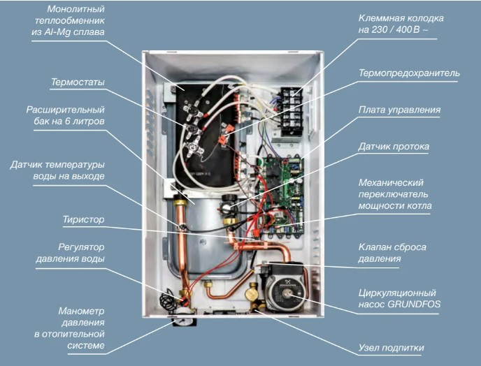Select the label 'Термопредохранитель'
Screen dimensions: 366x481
pos(409,73)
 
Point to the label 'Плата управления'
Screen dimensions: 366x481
pos(399,110)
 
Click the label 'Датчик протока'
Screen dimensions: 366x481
pos(394,147)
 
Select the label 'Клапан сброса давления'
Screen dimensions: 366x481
pos(392,253)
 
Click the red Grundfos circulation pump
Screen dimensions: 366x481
pos(283,286)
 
